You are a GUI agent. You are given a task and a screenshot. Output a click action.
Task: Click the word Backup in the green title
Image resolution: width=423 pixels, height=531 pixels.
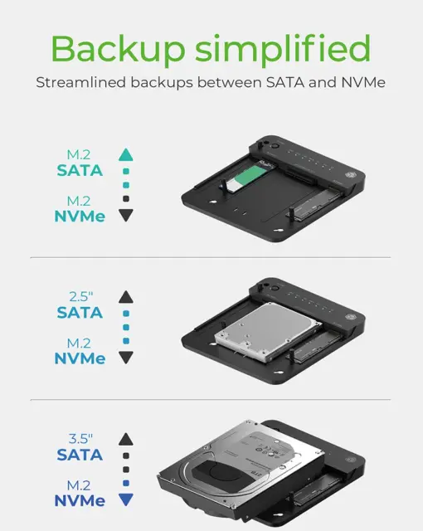coord(118,49)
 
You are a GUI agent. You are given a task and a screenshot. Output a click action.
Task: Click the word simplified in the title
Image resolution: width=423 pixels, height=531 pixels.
coord(283,49)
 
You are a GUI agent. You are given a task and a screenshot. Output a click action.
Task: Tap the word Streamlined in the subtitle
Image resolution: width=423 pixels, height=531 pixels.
coord(81,83)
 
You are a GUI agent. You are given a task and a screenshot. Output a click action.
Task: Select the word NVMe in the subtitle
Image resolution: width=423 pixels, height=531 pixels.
coord(363,83)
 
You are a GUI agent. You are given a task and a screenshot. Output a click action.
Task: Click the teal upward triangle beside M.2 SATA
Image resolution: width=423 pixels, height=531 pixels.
coord(126,155)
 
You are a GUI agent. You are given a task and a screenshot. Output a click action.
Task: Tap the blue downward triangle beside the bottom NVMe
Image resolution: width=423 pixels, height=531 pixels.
coord(126,499)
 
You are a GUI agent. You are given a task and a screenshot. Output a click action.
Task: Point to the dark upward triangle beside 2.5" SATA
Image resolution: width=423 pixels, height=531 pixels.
coord(126,297)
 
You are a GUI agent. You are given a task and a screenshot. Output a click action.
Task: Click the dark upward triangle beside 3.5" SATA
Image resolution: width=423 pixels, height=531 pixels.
coord(126,439)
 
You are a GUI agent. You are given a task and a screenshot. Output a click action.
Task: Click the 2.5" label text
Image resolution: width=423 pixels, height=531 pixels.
coord(81,297)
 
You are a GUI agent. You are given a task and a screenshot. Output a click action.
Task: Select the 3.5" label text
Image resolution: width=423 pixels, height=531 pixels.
coord(80,439)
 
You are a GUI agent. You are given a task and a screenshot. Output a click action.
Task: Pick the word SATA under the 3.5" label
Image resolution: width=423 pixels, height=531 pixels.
coord(80,455)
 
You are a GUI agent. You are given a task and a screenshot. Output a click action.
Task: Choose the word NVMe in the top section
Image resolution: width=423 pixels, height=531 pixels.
coord(80,217)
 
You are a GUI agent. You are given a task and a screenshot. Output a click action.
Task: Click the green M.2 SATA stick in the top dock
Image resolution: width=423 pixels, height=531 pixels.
coord(249,177)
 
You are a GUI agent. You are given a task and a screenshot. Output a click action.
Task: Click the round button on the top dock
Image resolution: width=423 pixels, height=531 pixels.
coord(275,146)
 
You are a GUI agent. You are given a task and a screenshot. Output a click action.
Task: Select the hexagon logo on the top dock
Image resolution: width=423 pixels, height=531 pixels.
coord(350,175)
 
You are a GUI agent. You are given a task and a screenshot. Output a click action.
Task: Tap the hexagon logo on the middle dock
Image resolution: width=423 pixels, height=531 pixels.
coord(350,317)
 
